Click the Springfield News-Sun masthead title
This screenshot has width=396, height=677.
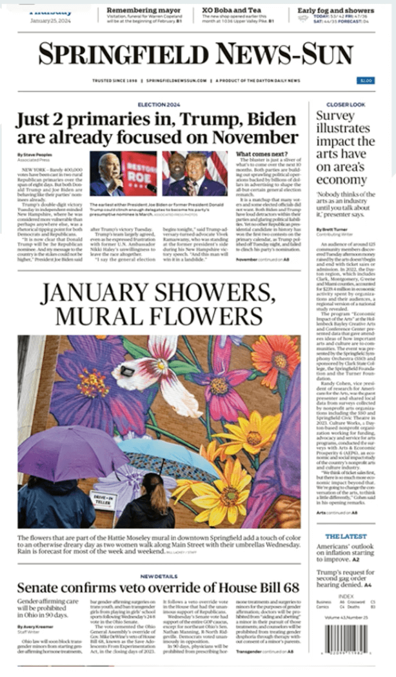[x=195, y=55]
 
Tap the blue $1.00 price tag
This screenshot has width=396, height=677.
[x=365, y=81]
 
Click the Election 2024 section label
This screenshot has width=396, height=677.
[x=157, y=104]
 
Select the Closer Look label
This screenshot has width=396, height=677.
[x=345, y=104]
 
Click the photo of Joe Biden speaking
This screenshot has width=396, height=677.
[x=123, y=173]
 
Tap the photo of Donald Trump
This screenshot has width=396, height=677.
[x=195, y=173]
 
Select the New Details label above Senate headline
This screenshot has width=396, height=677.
[x=157, y=576]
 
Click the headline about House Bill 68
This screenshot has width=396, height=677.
[x=158, y=588]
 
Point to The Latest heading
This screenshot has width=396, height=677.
[x=337, y=536]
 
